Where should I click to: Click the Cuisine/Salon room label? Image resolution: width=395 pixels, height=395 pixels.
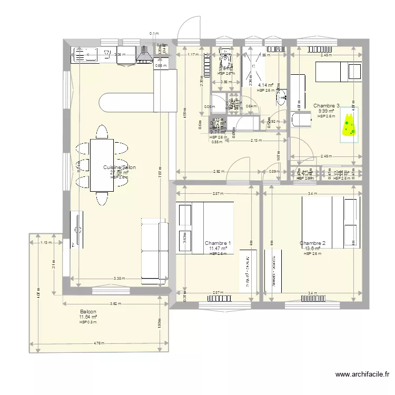point(119,167)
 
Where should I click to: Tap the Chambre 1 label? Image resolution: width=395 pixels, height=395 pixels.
point(218,243)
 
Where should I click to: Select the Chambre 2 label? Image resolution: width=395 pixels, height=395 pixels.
point(312,243)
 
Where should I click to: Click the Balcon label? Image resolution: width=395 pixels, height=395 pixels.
point(88,312)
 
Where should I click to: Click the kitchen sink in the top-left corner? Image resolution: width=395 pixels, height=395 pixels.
point(84,54)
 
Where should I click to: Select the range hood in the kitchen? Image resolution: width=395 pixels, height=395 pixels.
point(144,55)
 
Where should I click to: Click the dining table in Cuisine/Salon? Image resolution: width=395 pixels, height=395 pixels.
point(101,165)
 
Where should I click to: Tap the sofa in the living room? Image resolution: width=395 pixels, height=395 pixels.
point(154,250)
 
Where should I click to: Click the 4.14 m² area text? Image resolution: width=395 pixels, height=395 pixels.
point(265,85)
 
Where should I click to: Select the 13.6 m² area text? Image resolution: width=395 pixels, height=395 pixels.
point(312,249)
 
